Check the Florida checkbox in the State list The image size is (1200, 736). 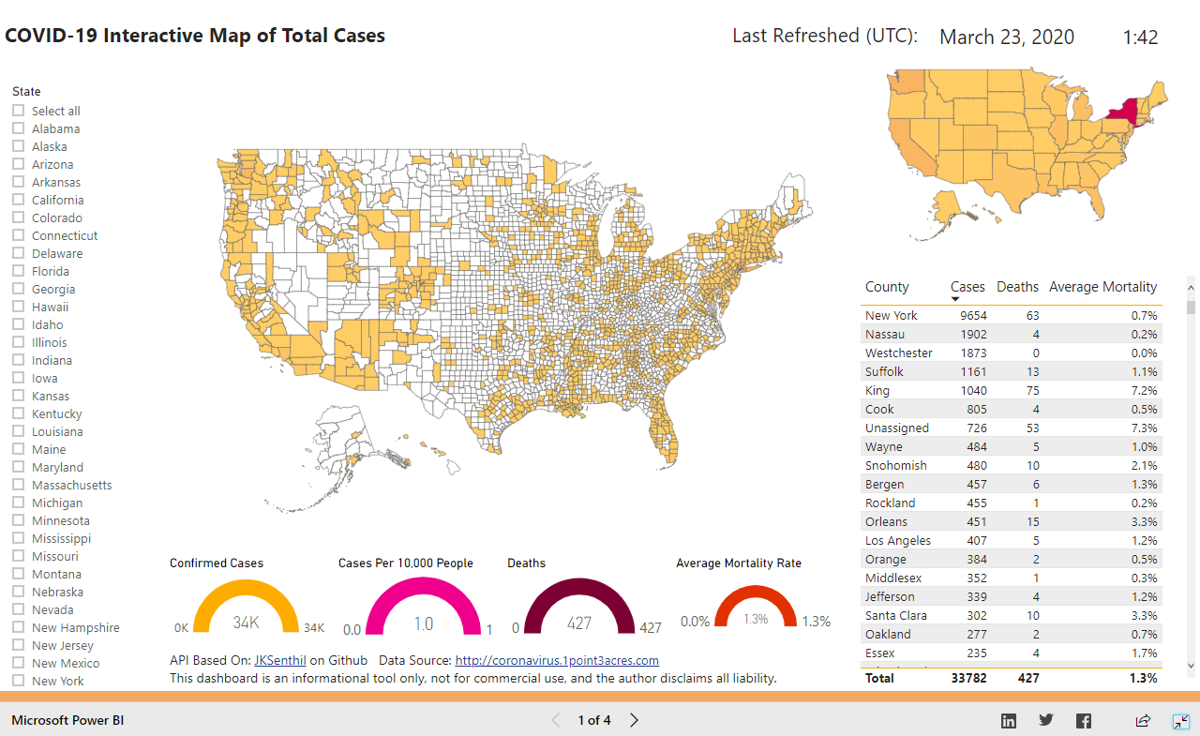(x=19, y=271)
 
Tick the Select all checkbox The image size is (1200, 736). (x=19, y=111)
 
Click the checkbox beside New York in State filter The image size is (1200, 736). (x=19, y=681)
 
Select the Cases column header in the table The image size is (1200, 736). (x=967, y=287)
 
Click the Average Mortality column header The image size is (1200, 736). (x=1102, y=287)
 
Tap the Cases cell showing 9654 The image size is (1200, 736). (x=970, y=315)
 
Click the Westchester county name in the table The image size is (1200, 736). (x=898, y=353)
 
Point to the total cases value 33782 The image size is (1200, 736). (x=968, y=677)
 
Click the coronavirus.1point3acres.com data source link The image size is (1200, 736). (x=557, y=660)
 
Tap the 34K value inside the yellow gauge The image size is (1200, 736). (x=246, y=623)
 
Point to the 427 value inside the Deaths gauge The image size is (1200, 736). (x=579, y=623)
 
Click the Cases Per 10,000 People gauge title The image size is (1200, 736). (x=405, y=563)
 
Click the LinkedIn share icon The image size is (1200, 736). (x=1009, y=720)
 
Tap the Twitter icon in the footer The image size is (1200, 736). (x=1046, y=720)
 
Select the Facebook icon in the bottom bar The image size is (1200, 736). (x=1084, y=720)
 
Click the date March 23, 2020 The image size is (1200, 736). (x=1007, y=38)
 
